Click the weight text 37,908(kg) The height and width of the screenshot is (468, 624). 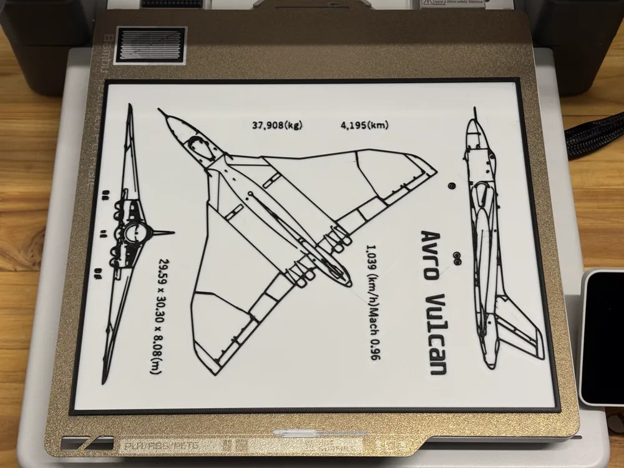coord(277,125)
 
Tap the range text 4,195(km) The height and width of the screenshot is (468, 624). coord(365,125)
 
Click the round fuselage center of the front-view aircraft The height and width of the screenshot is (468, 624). coord(135,233)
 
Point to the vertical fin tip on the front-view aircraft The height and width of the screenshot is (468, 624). coord(171,233)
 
